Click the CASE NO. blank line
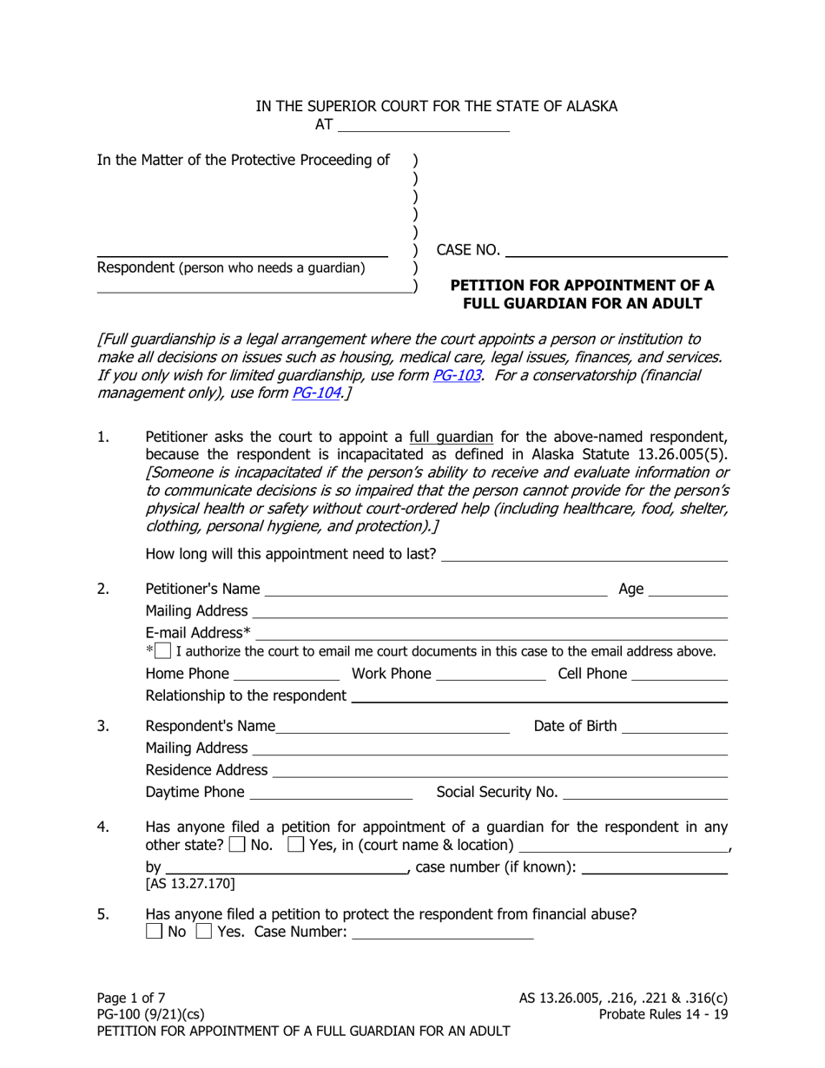point(616,251)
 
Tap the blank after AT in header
point(423,125)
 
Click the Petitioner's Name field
point(436,590)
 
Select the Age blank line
point(688,590)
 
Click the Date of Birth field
point(675,727)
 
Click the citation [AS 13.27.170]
point(188,885)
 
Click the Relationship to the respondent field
point(538,696)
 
